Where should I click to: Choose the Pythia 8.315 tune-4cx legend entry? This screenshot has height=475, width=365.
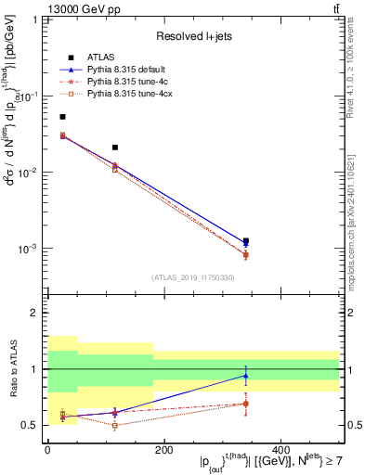click(116, 93)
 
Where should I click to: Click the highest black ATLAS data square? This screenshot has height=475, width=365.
click(62, 117)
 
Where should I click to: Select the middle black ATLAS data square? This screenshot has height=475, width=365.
click(115, 148)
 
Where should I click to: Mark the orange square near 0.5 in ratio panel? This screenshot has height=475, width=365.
click(115, 426)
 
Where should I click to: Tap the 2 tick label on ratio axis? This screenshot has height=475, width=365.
click(33, 314)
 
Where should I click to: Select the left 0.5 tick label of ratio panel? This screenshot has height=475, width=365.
click(29, 425)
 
